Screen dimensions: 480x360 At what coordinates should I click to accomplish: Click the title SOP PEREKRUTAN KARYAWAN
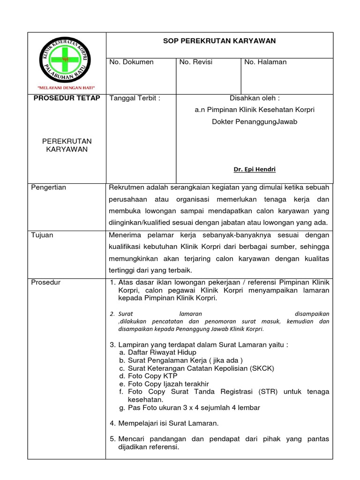219,41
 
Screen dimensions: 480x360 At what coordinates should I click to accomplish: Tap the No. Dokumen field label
131,62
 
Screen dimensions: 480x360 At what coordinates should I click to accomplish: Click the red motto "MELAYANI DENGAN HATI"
66,88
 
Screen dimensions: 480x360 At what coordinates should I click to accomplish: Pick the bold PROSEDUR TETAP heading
67,98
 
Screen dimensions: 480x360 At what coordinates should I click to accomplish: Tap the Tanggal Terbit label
135,98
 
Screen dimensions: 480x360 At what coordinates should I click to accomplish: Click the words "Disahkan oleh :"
255,98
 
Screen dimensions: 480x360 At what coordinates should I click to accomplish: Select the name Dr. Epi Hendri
255,170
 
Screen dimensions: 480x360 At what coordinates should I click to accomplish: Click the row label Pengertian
48,187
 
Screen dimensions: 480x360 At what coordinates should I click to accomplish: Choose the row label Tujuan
42,235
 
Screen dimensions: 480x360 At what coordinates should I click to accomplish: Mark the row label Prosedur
45,282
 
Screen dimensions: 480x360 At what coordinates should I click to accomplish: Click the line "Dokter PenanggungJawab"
255,121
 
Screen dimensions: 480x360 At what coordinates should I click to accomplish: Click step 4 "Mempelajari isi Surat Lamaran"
164,423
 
